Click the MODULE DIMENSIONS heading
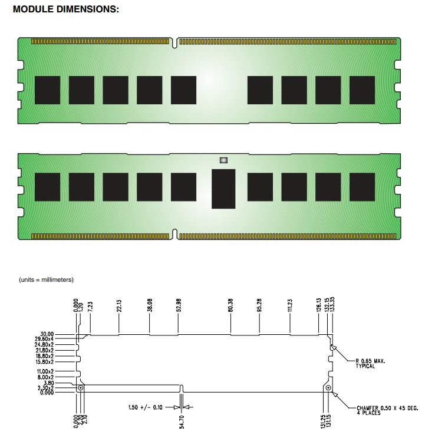(66, 9)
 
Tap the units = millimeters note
(46, 279)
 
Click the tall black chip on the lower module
(223, 189)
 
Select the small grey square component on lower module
(223, 160)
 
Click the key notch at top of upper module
(174, 42)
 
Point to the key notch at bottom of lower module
(174, 235)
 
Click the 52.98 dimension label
(179, 305)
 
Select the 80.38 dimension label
(230, 305)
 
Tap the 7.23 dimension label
(90, 307)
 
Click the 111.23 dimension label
(290, 305)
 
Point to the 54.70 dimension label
(182, 422)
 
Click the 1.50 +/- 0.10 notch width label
(145, 407)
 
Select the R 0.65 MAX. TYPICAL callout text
(370, 363)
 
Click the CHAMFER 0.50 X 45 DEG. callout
(387, 410)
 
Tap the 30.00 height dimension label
(47, 334)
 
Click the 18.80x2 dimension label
(45, 356)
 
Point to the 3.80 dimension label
(48, 383)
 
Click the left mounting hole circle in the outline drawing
(81, 388)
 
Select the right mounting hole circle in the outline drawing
(328, 388)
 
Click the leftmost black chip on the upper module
(48, 90)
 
